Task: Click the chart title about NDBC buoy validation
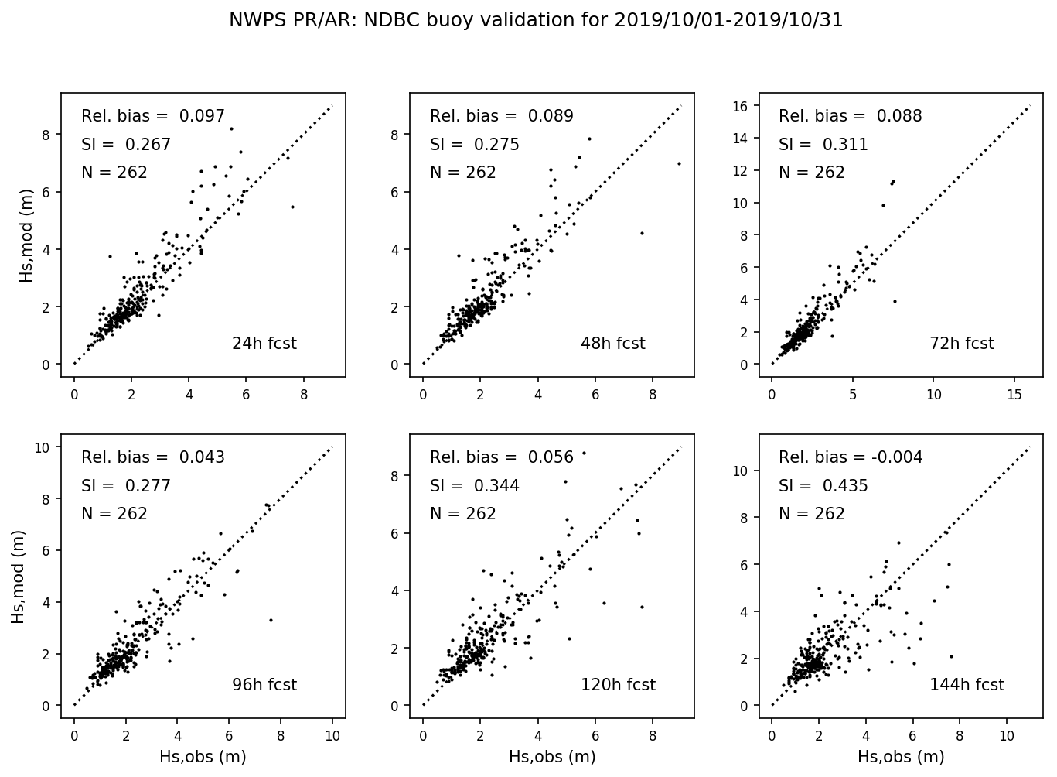[x=535, y=20]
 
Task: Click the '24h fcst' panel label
[x=264, y=344]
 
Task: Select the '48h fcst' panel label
[x=612, y=344]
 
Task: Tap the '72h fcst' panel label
[x=961, y=344]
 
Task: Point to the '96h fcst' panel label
[x=264, y=685]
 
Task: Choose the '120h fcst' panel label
[x=618, y=685]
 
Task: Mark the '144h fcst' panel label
[x=967, y=685]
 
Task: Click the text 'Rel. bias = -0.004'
[x=851, y=457]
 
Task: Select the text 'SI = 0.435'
[x=823, y=486]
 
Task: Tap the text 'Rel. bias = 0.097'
[x=153, y=116]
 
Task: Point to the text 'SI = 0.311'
[x=823, y=145]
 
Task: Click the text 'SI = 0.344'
[x=475, y=486]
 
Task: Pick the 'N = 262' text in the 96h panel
[x=114, y=514]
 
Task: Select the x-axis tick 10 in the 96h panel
[x=332, y=736]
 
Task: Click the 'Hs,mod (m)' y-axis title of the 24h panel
[x=28, y=235]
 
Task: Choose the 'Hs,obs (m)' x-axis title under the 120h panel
[x=552, y=757]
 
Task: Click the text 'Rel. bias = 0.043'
[x=153, y=457]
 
